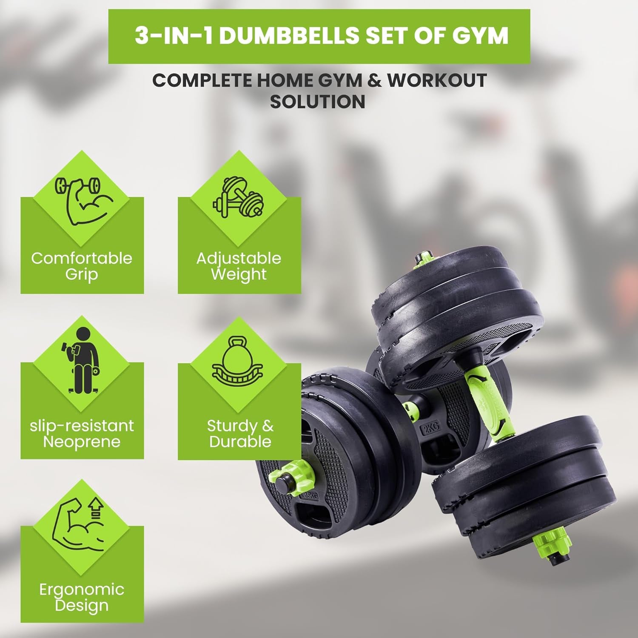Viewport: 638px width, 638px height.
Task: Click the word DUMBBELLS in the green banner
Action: click(290, 36)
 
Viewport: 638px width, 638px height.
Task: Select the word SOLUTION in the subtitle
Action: click(318, 102)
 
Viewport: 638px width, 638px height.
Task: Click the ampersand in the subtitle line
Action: click(374, 80)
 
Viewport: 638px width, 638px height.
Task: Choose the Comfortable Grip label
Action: click(82, 266)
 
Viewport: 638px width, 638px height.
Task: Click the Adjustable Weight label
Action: click(239, 266)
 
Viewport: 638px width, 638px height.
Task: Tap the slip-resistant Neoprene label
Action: click(82, 433)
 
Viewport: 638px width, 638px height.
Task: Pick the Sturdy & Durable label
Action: click(240, 433)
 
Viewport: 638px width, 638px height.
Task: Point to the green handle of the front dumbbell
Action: click(487, 402)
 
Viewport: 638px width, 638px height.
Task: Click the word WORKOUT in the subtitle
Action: click(437, 80)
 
